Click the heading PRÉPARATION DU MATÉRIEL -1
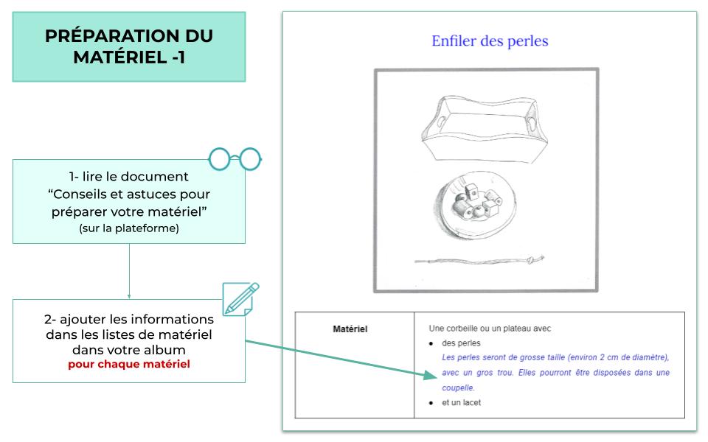click(x=129, y=46)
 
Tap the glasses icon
click(x=235, y=158)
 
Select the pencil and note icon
click(x=241, y=299)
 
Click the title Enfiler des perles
click(x=490, y=41)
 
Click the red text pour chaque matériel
click(x=129, y=364)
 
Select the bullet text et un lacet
click(x=462, y=402)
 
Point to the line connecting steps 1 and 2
click(x=129, y=271)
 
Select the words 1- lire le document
click(x=129, y=177)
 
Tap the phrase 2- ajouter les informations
click(x=129, y=320)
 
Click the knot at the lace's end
click(x=540, y=258)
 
